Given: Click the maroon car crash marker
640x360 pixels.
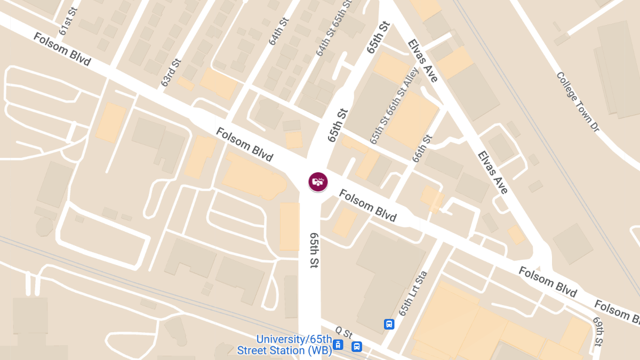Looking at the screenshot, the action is click(x=318, y=182).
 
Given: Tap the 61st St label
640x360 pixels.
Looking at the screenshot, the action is click(x=69, y=21).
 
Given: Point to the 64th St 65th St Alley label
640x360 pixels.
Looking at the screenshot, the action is click(x=334, y=28).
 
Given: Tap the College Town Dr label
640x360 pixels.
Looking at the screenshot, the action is click(x=578, y=102).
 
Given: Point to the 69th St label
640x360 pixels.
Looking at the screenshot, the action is click(x=599, y=331).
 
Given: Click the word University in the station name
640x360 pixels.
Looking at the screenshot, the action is click(x=278, y=340).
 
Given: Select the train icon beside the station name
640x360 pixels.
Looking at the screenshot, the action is click(x=338, y=345).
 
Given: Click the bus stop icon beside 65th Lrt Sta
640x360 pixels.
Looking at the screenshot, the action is click(x=389, y=324).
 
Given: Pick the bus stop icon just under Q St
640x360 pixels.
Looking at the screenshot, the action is click(x=357, y=347).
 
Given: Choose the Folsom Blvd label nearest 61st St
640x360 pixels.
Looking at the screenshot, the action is click(x=62, y=50).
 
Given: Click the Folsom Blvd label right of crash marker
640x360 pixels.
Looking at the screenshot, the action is click(x=368, y=206).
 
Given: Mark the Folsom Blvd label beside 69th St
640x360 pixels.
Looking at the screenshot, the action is click(x=548, y=282).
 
